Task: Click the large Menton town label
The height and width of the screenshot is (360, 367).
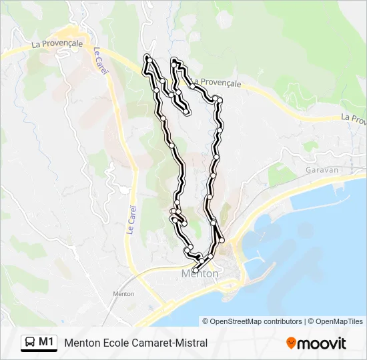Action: [200, 273]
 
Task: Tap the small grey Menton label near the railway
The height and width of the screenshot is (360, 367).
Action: [124, 293]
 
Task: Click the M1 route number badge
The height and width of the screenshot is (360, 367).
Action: [46, 342]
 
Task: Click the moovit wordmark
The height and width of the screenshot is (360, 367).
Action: [322, 343]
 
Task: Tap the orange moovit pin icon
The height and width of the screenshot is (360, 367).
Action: [291, 343]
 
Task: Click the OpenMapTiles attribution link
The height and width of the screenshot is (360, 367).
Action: [340, 321]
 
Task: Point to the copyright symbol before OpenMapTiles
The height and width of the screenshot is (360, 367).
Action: [312, 321]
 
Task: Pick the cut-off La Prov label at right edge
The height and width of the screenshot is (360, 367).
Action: [354, 118]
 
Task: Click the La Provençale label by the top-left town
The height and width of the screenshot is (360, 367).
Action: [57, 44]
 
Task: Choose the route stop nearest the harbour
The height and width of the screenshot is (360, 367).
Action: [222, 240]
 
